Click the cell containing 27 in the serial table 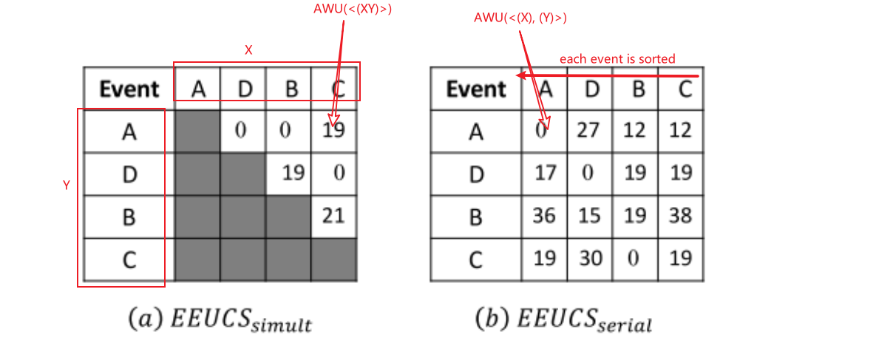point(591,131)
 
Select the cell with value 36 point(545,216)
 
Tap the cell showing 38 point(680,216)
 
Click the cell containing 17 point(545,173)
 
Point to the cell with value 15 point(591,216)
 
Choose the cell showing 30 point(591,258)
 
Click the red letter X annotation point(248,50)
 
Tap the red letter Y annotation point(66,186)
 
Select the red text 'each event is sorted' point(617,58)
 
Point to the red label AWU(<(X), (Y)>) point(520,18)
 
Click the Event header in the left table point(129,89)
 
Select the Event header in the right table point(475,89)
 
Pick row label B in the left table point(129,216)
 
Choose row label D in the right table point(475,173)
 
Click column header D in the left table point(244,89)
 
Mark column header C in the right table point(680,89)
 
